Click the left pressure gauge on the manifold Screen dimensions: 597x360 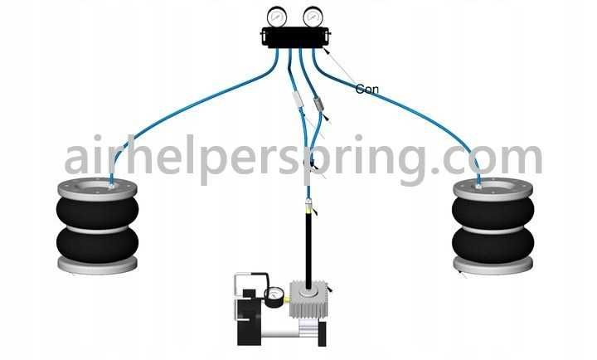[x=277, y=17]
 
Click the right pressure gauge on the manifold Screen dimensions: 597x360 [x=313, y=17]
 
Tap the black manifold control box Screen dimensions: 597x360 [x=296, y=37]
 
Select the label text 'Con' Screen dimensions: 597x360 [x=367, y=89]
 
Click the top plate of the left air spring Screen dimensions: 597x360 [x=98, y=189]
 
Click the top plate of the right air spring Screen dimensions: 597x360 [x=493, y=189]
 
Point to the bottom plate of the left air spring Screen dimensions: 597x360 [x=98, y=265]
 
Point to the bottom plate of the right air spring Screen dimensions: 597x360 [x=493, y=265]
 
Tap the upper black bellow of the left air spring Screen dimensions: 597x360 [x=98, y=212]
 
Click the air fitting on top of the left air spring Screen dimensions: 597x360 [x=111, y=187]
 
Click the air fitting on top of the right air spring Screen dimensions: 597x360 [x=478, y=187]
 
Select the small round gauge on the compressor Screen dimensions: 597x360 [x=274, y=297]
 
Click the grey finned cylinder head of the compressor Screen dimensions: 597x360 [x=308, y=299]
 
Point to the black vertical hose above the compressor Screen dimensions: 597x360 [x=308, y=248]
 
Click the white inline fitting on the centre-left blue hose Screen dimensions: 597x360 [x=298, y=100]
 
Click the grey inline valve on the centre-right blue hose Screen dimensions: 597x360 [x=318, y=105]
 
